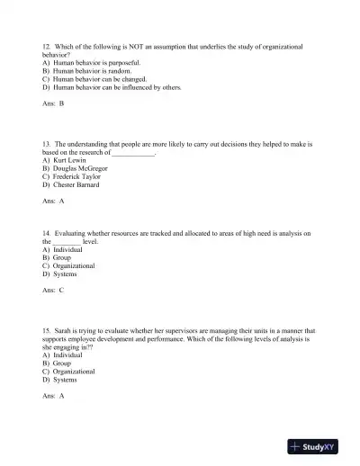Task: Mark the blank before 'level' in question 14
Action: pos(67,242)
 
